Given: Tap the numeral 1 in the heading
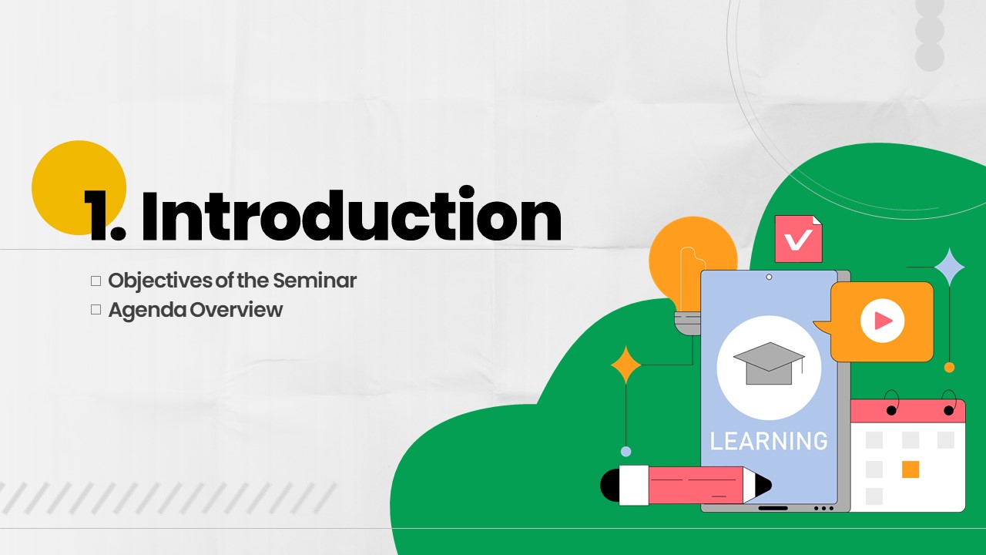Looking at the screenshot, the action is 98,216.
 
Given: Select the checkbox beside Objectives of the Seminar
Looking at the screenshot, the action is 96,281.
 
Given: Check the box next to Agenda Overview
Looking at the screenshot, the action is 96,310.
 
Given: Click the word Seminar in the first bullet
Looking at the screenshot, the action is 315,281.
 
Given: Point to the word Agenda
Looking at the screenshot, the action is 147,311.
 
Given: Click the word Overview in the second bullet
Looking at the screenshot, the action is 236,310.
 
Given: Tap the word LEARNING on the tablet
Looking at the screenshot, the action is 769,442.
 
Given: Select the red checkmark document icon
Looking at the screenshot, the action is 799,239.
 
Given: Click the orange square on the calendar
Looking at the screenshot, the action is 911,469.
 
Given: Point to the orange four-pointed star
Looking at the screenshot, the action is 626,365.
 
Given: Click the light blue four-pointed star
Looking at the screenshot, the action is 950,267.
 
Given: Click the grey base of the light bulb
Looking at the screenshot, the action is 688,324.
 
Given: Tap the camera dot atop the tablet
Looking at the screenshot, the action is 769,277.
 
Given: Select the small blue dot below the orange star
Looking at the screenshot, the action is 626,451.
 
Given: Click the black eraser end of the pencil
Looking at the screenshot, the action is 610,485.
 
